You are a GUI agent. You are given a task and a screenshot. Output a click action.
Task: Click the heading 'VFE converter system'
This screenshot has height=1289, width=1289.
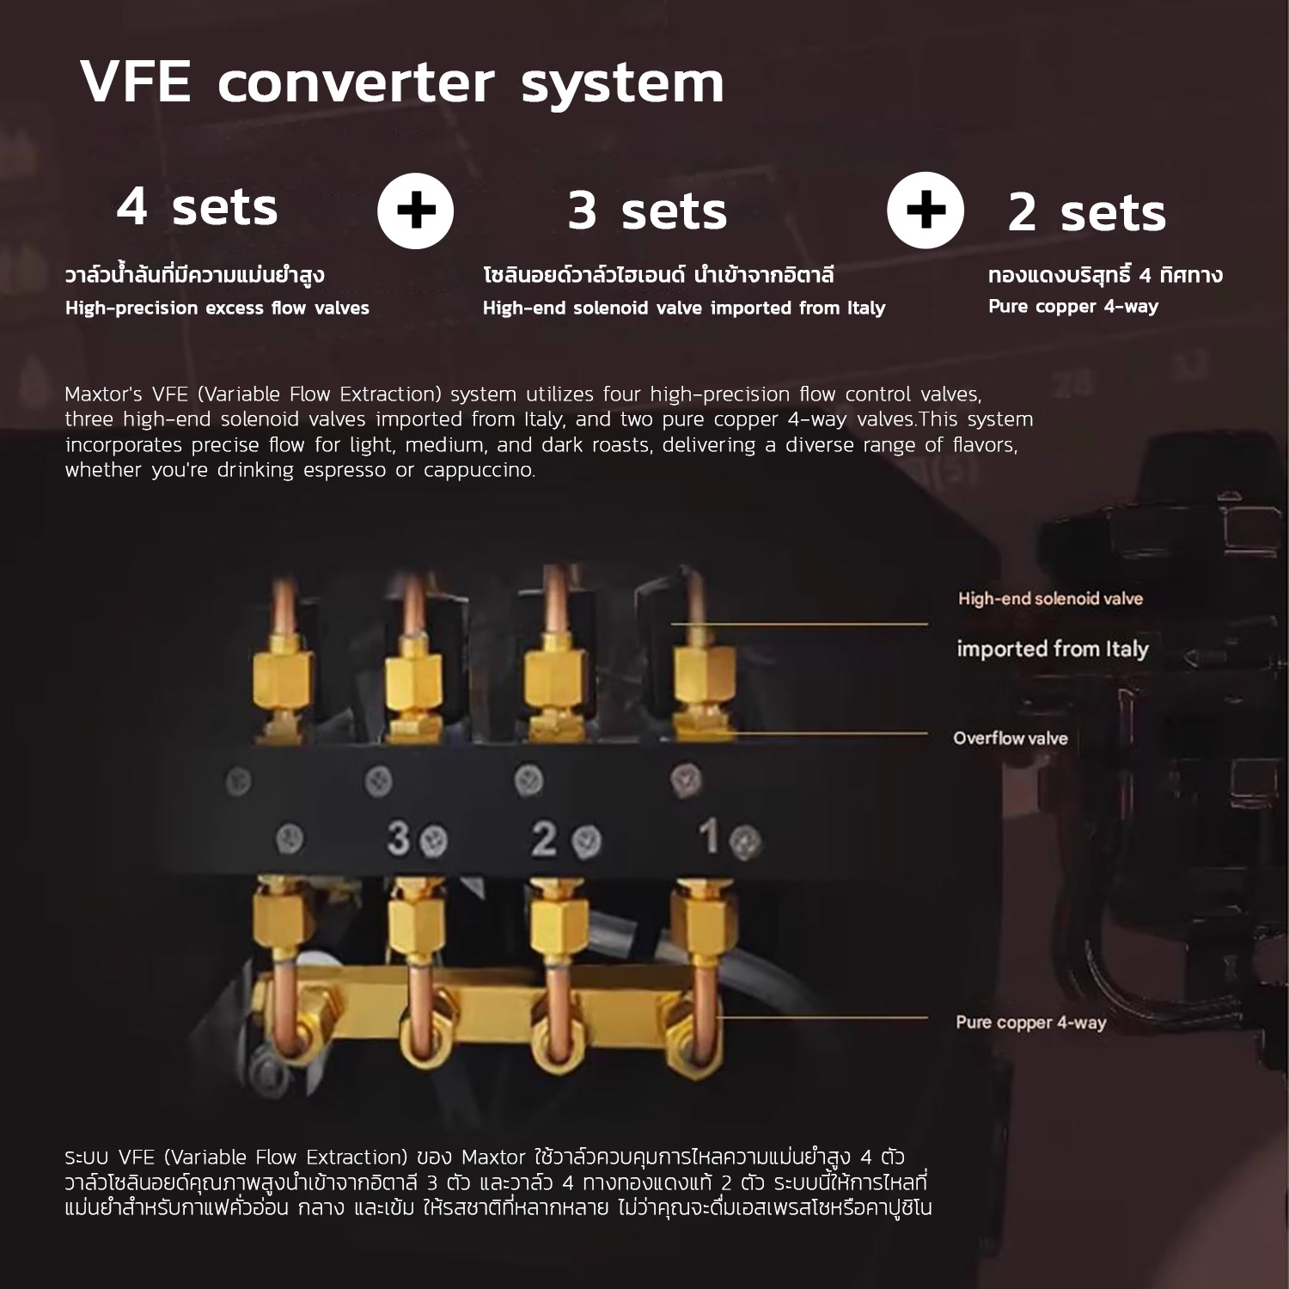[402, 83]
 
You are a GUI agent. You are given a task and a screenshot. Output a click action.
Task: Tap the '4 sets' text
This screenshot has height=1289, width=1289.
[197, 208]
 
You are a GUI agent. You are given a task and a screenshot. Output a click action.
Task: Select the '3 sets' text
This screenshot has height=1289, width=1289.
[647, 211]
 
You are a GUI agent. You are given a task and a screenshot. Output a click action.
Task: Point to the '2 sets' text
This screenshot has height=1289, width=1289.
[1086, 213]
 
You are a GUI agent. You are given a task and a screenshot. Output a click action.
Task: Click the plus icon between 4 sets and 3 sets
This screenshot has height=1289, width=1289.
[416, 211]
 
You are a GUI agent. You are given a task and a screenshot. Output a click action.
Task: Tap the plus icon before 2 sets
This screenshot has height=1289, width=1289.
[926, 211]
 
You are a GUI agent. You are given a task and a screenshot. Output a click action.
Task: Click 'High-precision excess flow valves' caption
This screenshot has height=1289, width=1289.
[217, 308]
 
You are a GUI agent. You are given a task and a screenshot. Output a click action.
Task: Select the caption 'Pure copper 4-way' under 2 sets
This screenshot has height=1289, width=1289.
[1073, 306]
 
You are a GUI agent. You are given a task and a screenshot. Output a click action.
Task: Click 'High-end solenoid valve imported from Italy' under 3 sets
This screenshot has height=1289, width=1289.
[684, 308]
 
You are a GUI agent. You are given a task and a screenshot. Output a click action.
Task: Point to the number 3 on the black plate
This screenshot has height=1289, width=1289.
[398, 838]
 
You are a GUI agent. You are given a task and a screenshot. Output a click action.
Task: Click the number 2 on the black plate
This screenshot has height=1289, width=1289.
[543, 838]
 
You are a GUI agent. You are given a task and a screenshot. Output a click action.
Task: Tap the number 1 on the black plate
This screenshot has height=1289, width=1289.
[709, 836]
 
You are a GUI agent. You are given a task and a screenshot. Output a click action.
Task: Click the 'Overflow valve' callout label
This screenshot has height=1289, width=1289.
[1011, 738]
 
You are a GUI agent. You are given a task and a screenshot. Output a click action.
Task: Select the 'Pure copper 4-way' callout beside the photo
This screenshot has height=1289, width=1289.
[1030, 1023]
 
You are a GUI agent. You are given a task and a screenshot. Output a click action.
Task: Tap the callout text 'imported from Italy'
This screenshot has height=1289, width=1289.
[1053, 649]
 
